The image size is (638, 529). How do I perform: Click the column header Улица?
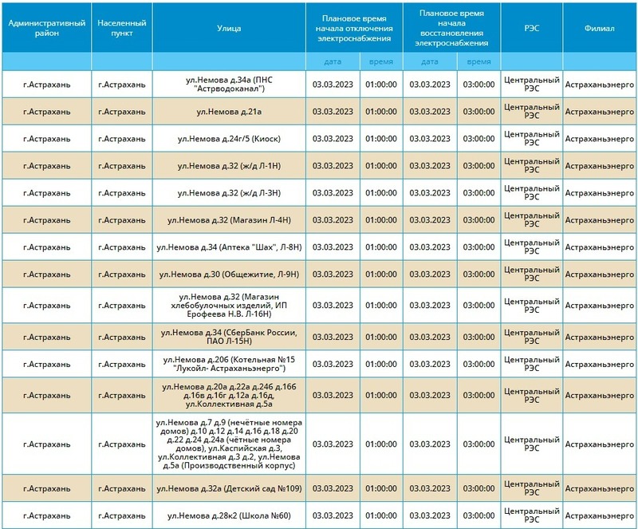229,27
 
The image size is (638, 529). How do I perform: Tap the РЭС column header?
530,27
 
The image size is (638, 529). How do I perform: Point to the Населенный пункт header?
121,27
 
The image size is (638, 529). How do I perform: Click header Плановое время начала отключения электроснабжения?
354,27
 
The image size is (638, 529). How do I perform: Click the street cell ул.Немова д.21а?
229,111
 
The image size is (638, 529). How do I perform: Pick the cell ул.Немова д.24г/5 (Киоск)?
229,138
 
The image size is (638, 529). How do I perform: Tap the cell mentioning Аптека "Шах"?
229,247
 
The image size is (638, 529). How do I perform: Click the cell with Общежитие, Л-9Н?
229,274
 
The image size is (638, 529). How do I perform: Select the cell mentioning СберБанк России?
229,336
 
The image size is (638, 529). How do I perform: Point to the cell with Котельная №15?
229,363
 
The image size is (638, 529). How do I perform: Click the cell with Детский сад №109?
229,488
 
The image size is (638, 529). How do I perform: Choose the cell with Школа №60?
229,515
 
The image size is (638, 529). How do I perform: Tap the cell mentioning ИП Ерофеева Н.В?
229,304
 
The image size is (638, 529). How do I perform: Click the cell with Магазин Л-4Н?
229,219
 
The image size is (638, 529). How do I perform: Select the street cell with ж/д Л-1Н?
229,165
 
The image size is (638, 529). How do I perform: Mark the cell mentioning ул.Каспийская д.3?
229,443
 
